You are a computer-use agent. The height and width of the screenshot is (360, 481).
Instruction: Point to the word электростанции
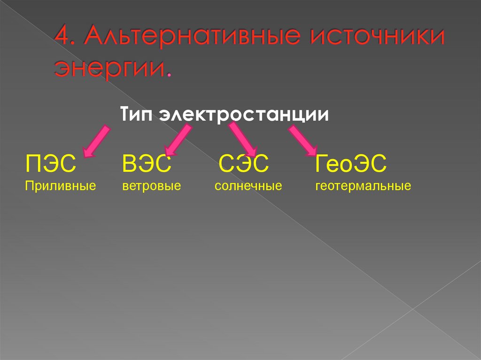click(x=244, y=115)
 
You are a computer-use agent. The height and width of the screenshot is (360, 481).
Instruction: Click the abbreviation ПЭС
click(x=50, y=165)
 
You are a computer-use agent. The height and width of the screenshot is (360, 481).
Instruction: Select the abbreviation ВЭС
click(x=146, y=165)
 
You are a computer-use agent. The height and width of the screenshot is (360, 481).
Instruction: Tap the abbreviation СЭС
click(x=244, y=165)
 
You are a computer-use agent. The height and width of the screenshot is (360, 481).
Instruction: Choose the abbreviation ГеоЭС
click(x=351, y=165)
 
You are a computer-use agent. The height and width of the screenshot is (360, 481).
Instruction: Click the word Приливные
click(x=61, y=186)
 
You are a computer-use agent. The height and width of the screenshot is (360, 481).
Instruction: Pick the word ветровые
click(x=151, y=186)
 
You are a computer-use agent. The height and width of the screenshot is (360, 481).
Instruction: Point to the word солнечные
click(x=248, y=186)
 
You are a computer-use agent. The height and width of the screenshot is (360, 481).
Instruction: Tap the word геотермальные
click(x=363, y=186)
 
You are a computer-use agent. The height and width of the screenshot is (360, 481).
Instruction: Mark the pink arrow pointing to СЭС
click(x=243, y=139)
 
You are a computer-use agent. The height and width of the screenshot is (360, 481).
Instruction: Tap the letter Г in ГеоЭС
click(x=321, y=165)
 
